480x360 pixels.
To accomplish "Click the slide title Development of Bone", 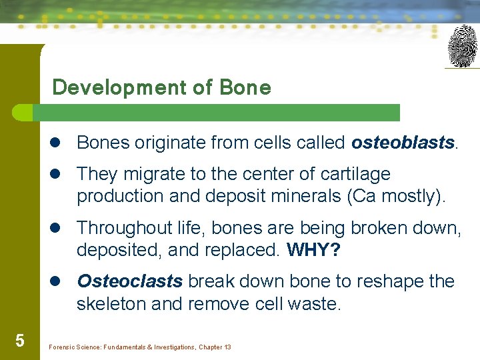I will coord(161,87).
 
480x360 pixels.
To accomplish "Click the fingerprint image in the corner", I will coord(462,46).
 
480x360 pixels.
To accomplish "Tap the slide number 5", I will coord(19,341).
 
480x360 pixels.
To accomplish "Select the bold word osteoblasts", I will coord(403,143).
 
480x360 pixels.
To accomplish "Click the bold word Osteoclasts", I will coord(129,281).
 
